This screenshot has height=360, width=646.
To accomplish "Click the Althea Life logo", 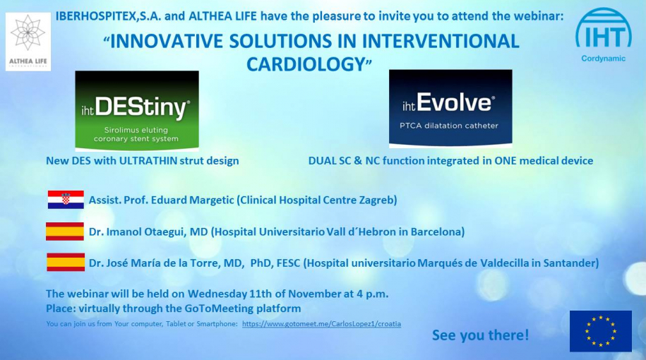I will (x=28, y=42).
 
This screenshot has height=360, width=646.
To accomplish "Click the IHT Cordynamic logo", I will (x=603, y=35).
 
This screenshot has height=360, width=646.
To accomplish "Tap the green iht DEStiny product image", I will (x=137, y=111).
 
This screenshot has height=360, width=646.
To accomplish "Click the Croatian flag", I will (x=66, y=200).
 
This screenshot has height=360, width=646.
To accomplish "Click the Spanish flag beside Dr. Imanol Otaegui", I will (x=65, y=232).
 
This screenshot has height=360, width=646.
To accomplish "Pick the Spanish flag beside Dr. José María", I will (x=65, y=263).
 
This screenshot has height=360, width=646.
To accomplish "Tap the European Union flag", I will (x=600, y=331).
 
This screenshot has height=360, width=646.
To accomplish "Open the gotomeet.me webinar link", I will (x=321, y=324).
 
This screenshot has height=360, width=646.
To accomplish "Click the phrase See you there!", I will (x=480, y=335).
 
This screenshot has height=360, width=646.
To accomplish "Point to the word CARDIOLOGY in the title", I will (x=304, y=64).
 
